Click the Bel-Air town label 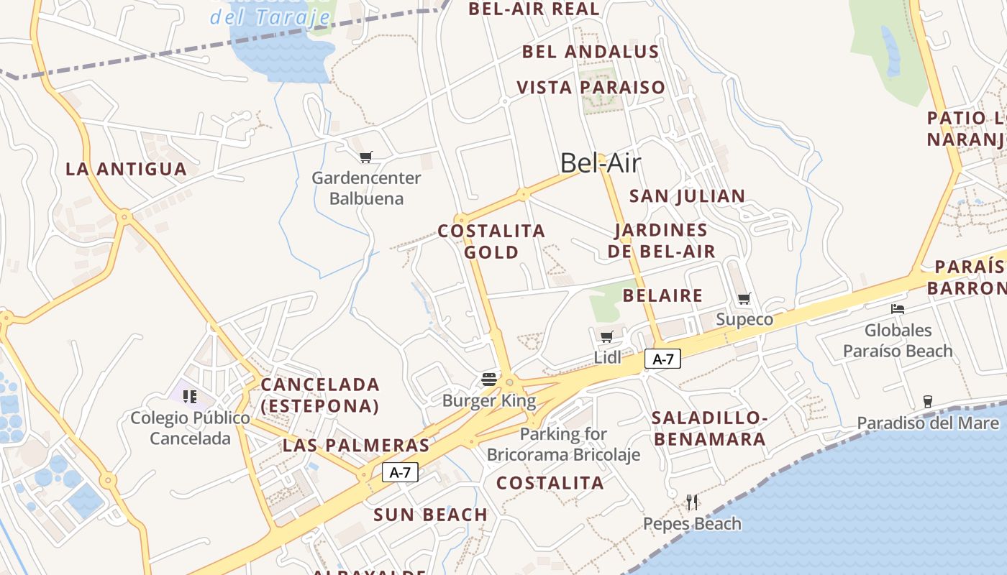pos(600,163)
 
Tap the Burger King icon pos(489,379)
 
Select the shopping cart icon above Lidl pos(607,336)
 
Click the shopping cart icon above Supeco pos(744,298)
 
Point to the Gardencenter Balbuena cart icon pos(366,157)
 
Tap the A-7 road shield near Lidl pos(662,359)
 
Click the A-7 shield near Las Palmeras pos(400,472)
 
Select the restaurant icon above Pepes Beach pos(692,502)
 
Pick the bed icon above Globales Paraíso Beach pos(898,309)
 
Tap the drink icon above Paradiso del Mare pos(928,401)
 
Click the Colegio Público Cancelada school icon pos(190,396)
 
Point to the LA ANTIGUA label pos(127,169)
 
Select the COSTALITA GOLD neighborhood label pos(492,241)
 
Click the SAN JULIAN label pos(688,196)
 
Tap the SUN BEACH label pos(431,515)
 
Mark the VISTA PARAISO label pos(591,88)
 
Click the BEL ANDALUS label pos(591,52)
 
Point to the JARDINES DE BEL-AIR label pos(662,241)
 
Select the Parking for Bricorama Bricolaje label pos(563,444)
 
